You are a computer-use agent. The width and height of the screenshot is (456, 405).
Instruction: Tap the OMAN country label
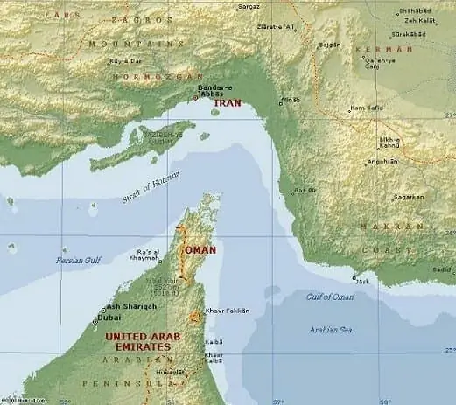[x=197, y=249]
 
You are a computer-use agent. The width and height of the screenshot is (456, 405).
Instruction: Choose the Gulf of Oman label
[x=329, y=297]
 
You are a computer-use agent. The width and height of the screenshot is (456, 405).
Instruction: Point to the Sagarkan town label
[x=408, y=198]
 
